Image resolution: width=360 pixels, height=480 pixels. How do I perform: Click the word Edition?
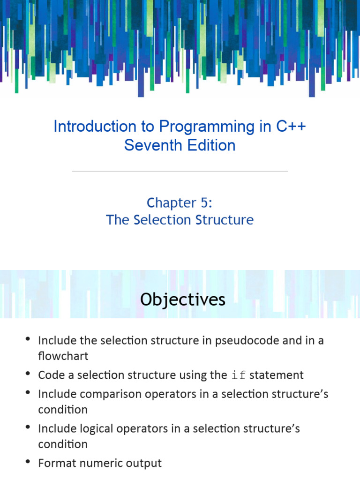pos(210,145)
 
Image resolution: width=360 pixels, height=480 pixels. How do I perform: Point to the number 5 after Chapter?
pos(206,202)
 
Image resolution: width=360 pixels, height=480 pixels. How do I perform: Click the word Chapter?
pos(172,202)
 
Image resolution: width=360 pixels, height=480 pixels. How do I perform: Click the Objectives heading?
pos(182,300)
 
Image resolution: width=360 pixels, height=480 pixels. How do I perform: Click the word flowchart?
pos(63,356)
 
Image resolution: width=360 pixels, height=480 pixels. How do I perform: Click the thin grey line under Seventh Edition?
pos(180,172)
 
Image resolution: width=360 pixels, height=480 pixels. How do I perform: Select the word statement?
pos(277,375)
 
